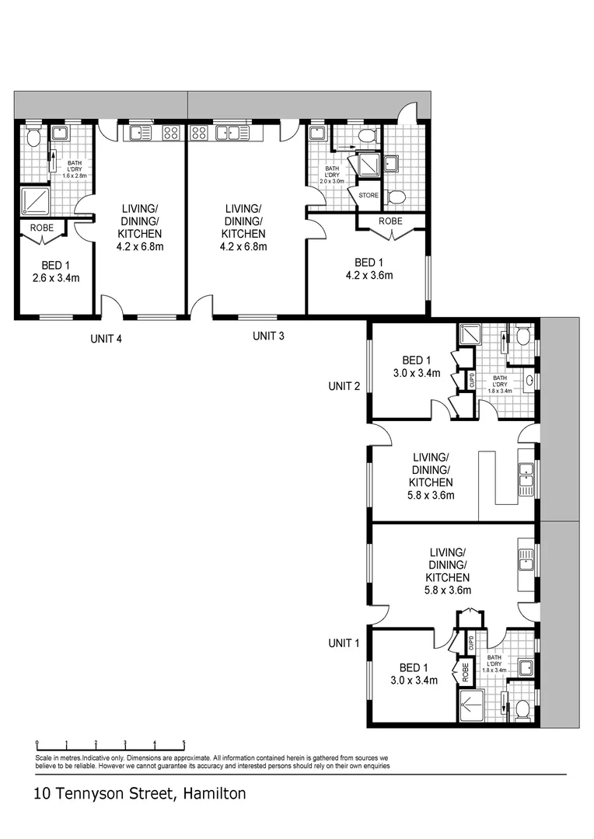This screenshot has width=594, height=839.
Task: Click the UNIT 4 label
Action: tap(106, 339)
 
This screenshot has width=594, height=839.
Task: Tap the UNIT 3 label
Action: tap(268, 336)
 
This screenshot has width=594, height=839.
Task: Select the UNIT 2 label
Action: tap(344, 386)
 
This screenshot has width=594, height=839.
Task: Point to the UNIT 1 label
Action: tap(344, 643)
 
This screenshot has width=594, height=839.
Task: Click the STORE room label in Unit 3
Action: tap(369, 195)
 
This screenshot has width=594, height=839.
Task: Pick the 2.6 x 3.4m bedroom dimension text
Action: tap(56, 277)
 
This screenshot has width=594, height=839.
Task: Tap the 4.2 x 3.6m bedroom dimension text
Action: tap(369, 276)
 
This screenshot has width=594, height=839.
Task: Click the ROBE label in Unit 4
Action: tap(42, 228)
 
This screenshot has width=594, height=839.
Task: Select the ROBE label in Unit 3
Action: tap(390, 221)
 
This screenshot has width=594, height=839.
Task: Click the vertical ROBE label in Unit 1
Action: tap(465, 672)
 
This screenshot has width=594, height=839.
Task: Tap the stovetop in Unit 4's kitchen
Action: tap(171, 133)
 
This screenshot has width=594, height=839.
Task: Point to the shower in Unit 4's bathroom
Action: tap(35, 200)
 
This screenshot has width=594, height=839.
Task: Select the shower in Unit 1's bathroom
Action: tap(472, 705)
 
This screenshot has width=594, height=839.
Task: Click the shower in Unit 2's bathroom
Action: tap(470, 335)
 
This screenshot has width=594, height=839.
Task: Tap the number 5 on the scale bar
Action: tap(183, 743)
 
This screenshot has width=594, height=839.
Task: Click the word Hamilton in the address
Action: tap(215, 793)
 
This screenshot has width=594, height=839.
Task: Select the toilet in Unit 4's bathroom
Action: tap(33, 137)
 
